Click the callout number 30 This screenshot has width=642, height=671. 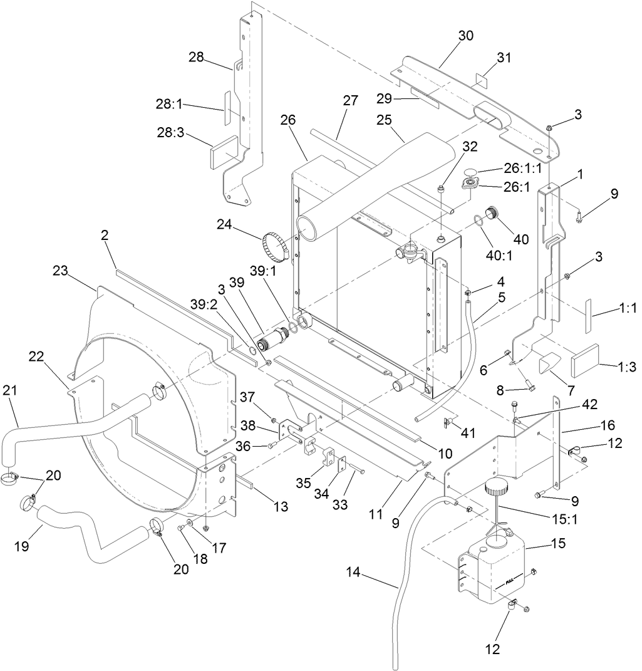coord(465,36)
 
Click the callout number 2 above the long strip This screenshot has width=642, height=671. coord(105,236)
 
